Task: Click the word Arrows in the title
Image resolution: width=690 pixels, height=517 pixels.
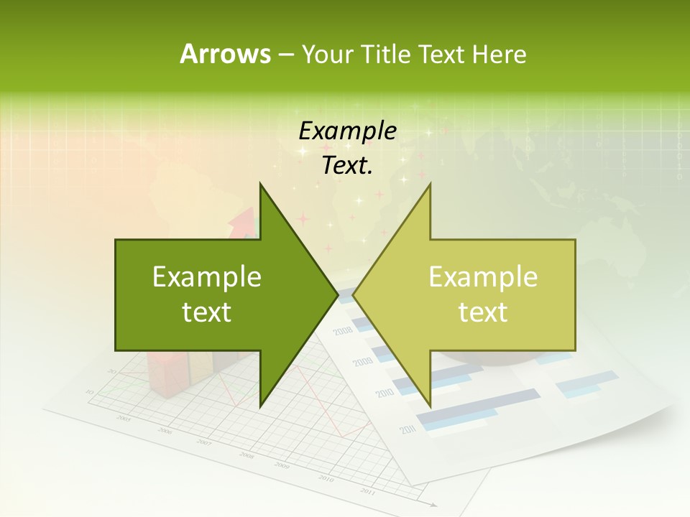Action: point(225,54)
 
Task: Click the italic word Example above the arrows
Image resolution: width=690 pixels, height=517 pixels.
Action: point(347,131)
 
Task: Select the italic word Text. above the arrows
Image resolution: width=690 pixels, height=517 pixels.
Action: point(347,165)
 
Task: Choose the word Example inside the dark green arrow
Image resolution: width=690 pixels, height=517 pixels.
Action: point(207,277)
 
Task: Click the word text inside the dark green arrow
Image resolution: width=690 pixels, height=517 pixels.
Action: point(207,312)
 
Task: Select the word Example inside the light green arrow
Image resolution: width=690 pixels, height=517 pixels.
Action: point(483,277)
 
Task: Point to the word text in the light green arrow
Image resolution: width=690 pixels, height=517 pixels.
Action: point(483,312)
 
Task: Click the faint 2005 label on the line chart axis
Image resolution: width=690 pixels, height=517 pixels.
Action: point(124,418)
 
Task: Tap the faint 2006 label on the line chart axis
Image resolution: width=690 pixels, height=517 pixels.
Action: point(165,431)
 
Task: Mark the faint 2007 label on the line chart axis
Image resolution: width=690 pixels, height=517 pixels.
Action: point(205,442)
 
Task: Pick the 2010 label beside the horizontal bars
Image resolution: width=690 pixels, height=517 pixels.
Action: point(384,393)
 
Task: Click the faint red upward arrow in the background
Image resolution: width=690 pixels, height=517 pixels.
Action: point(244,222)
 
